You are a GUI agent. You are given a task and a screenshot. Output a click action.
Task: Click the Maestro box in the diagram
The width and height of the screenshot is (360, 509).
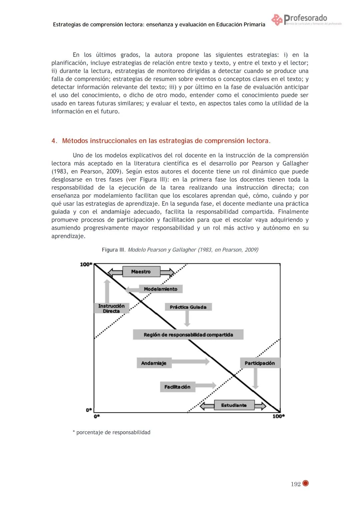pyautogui.click(x=141, y=272)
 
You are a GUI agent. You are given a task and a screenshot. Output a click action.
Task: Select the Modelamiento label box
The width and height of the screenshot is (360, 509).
pyautogui.click(x=160, y=289)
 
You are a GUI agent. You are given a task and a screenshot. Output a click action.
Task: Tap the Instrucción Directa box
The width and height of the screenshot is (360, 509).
pyautogui.click(x=111, y=308)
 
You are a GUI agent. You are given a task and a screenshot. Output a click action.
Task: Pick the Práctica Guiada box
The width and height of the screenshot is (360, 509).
pyautogui.click(x=188, y=307)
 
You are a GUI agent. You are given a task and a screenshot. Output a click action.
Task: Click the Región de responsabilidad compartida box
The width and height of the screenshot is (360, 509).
pyautogui.click(x=188, y=335)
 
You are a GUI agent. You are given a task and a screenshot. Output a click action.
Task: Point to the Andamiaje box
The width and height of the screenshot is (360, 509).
pyautogui.click(x=154, y=363)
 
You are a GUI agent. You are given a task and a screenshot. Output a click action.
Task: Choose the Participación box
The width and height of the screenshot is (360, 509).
pyautogui.click(x=260, y=363)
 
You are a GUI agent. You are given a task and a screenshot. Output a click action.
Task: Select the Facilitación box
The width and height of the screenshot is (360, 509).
pyautogui.click(x=177, y=387)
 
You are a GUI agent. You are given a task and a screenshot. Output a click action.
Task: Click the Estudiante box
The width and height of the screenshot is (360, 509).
pyautogui.click(x=234, y=405)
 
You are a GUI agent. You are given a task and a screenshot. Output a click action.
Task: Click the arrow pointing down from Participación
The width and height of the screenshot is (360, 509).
pyautogui.click(x=256, y=379)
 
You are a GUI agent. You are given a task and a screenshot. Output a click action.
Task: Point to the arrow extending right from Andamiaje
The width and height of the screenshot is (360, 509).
pyautogui.click(x=191, y=361)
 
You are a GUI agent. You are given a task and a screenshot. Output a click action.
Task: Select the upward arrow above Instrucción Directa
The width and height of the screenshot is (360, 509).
pyautogui.click(x=107, y=291)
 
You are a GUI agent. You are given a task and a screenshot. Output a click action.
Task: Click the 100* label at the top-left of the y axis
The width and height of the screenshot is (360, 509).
pyautogui.click(x=86, y=264)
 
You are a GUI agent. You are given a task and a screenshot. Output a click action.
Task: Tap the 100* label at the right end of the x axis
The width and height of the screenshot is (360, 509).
pyautogui.click(x=279, y=416)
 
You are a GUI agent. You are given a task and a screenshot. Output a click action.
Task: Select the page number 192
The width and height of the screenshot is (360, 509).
pyautogui.click(x=296, y=484)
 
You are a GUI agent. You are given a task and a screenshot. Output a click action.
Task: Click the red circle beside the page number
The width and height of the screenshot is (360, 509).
pyautogui.click(x=306, y=483)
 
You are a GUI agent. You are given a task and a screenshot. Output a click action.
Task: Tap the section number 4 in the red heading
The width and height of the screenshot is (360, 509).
pyautogui.click(x=54, y=141)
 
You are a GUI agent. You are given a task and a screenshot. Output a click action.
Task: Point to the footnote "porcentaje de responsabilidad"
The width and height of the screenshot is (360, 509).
pyautogui.click(x=113, y=432)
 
